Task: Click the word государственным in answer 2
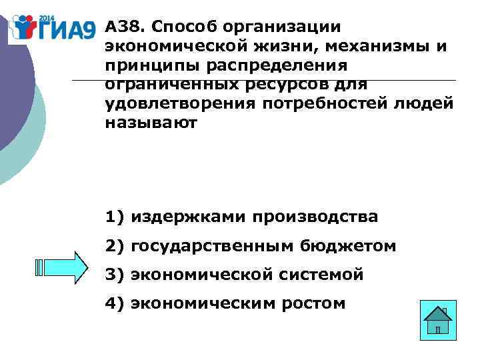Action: [x=211, y=247]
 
